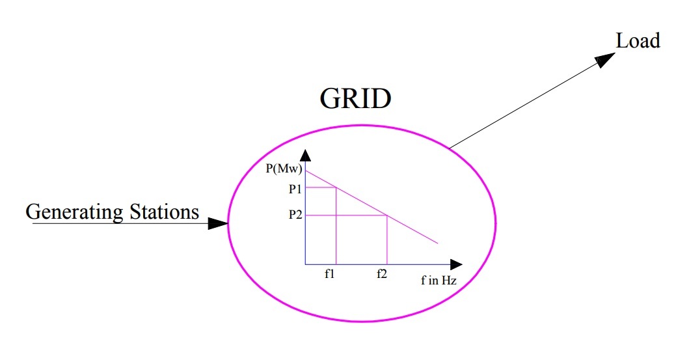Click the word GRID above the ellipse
[x=355, y=99]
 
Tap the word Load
[x=638, y=40]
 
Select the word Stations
[x=163, y=212]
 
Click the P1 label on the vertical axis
[x=295, y=187]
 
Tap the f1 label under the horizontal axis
[x=330, y=274]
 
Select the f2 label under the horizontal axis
[x=382, y=274]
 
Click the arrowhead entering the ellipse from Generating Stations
[x=218, y=223]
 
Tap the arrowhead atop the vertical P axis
[x=305, y=156]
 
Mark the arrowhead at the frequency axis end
[x=455, y=264]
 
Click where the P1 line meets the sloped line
[x=336, y=187]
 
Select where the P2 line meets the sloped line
[x=388, y=215]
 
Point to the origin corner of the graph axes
[x=305, y=264]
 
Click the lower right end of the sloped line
[x=438, y=243]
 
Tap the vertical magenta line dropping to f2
[x=388, y=241]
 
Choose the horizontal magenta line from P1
[x=320, y=187]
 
